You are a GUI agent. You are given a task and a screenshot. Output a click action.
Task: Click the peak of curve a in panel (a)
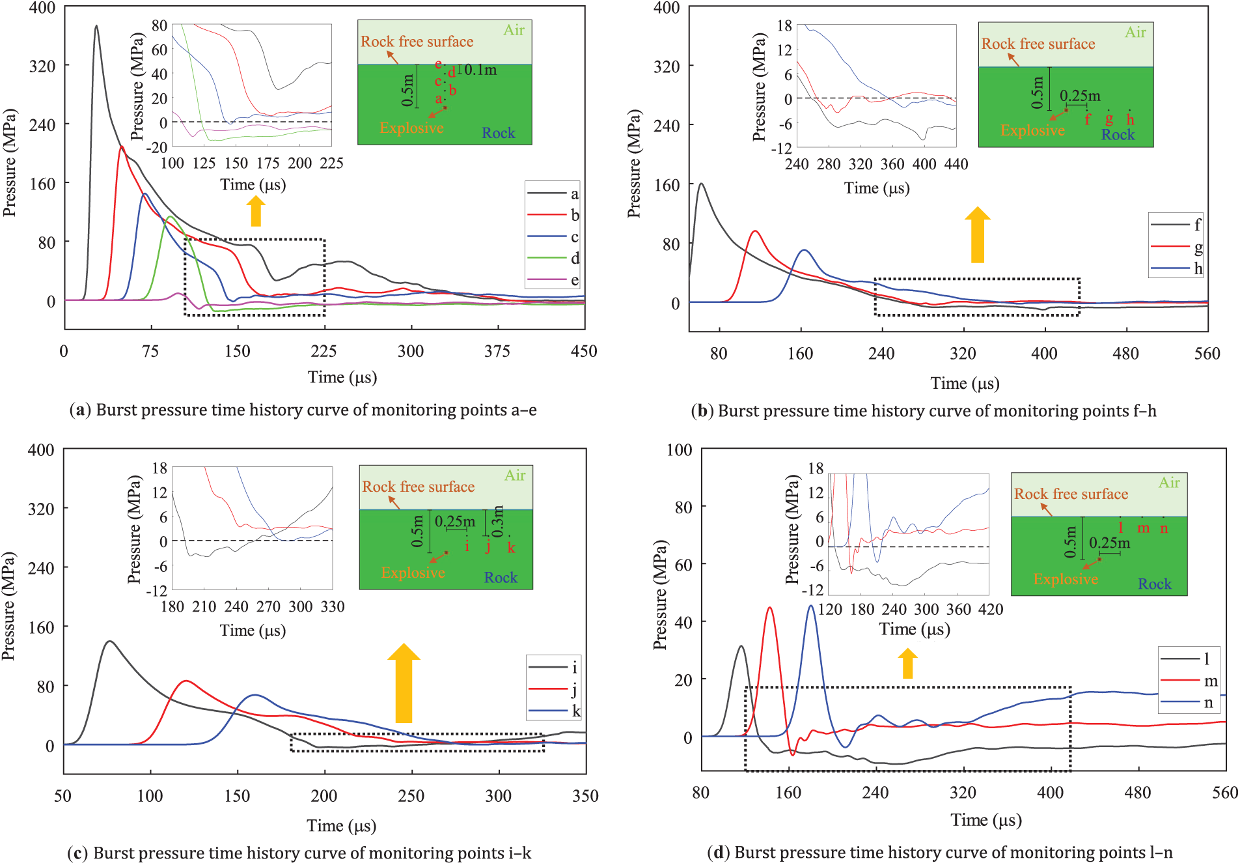click(96, 26)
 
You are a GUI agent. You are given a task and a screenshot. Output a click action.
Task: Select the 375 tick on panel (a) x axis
click(497, 352)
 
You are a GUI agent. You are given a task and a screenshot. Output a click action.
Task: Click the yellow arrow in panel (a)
click(256, 211)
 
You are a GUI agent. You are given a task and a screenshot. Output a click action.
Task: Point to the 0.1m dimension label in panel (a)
click(480, 70)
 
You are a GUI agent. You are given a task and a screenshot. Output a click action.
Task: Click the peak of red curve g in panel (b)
click(755, 231)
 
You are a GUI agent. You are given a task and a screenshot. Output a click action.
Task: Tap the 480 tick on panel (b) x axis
click(1125, 354)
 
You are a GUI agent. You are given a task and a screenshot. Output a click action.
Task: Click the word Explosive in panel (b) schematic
click(1032, 130)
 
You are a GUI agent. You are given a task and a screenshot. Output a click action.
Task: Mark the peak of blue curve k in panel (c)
click(255, 695)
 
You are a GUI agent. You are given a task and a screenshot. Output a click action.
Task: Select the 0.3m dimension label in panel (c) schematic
click(498, 521)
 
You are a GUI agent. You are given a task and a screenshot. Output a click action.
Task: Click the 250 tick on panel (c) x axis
click(411, 796)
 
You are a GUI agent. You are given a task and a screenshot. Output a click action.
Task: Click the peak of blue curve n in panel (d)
click(811, 606)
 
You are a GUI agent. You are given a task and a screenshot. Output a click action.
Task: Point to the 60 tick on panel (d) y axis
click(683, 565)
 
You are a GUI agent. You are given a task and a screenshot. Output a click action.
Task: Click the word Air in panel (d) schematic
click(1169, 483)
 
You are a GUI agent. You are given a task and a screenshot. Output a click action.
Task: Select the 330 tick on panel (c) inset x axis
click(333, 607)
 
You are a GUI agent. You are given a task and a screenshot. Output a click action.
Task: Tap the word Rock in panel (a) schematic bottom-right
click(499, 133)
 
